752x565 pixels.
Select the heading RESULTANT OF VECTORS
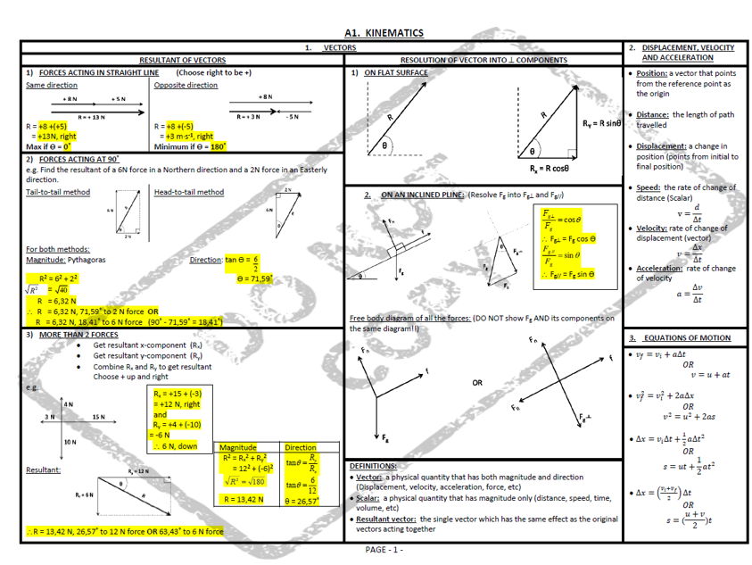click(182, 60)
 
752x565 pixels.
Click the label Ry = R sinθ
click(600, 123)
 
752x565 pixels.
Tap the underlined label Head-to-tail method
click(188, 192)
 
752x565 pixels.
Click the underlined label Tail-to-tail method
click(58, 192)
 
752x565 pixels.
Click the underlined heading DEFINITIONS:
click(373, 466)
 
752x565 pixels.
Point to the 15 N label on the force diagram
click(97, 417)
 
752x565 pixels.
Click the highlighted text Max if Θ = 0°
click(49, 145)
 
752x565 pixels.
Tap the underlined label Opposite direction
click(186, 85)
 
